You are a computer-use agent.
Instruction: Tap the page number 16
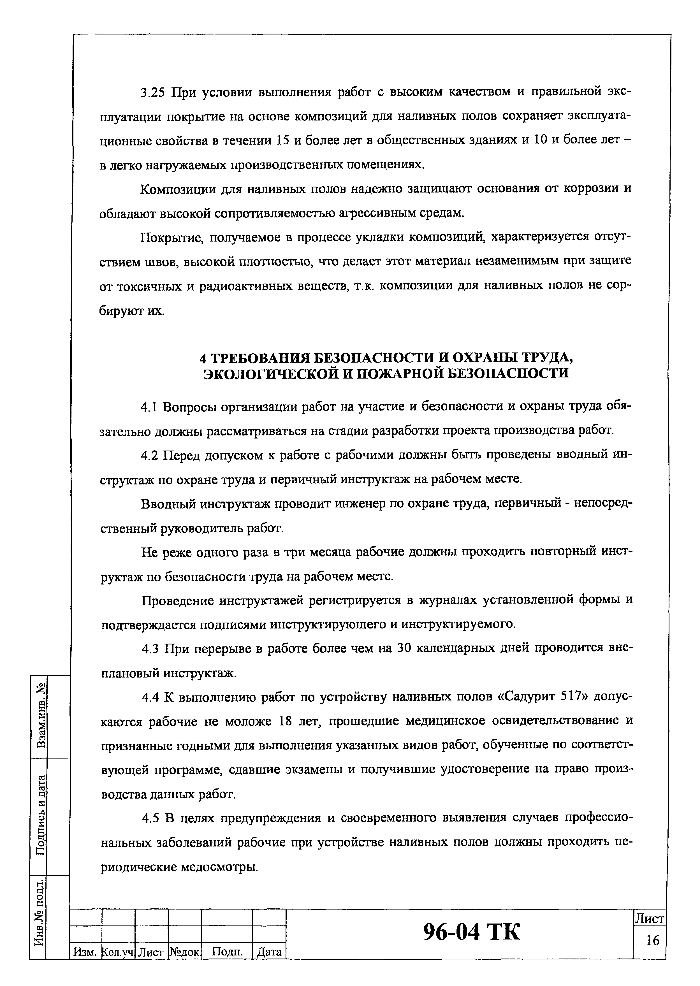point(653,940)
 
